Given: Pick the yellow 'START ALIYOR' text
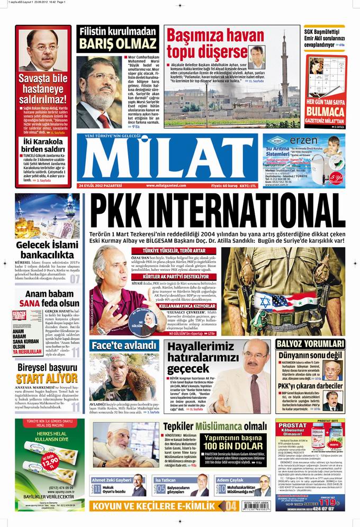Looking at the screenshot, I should pos(47,378).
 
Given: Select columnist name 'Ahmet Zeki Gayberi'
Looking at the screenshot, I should pos(112,480).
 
